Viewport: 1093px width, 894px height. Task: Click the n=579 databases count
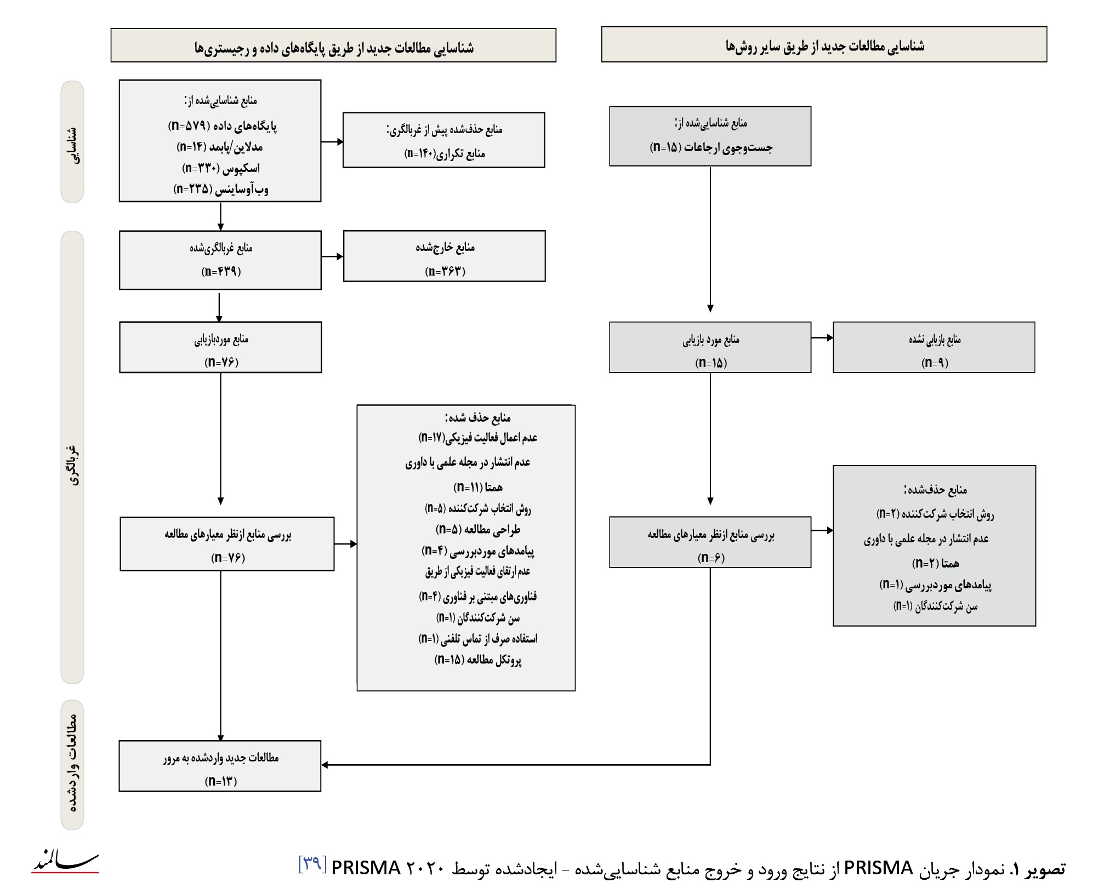pyautogui.click(x=222, y=126)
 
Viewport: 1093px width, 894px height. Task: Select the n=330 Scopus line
pyautogui.click(x=220, y=168)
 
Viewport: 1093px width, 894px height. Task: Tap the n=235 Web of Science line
pyautogui.click(x=220, y=189)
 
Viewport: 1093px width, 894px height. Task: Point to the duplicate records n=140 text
pyautogui.click(x=444, y=153)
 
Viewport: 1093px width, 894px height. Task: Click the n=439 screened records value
pyautogui.click(x=221, y=271)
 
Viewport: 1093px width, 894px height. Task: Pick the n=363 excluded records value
pyautogui.click(x=445, y=271)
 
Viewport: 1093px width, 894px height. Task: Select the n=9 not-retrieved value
pyautogui.click(x=935, y=362)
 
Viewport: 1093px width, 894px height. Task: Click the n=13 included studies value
pyautogui.click(x=220, y=781)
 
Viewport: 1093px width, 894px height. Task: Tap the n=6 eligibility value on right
pyautogui.click(x=710, y=558)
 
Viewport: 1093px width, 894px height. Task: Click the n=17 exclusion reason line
pyautogui.click(x=477, y=438)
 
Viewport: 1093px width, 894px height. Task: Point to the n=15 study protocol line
pyautogui.click(x=477, y=660)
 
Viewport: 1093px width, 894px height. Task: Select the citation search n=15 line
pyautogui.click(x=710, y=147)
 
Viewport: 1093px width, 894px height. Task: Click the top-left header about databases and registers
pyautogui.click(x=333, y=48)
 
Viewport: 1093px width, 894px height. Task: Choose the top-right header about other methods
pyautogui.click(x=824, y=46)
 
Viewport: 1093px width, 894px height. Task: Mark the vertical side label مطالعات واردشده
pyautogui.click(x=72, y=764)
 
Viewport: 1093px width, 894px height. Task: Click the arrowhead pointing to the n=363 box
pyautogui.click(x=340, y=256)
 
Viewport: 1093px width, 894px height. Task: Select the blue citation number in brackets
pyautogui.click(x=312, y=864)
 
